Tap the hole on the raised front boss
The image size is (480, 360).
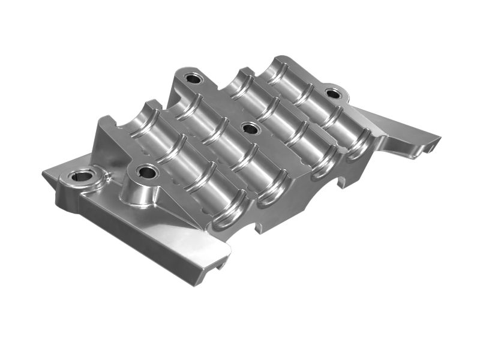pyautogui.click(x=146, y=173)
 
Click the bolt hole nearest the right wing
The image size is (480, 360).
pyautogui.click(x=332, y=94)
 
